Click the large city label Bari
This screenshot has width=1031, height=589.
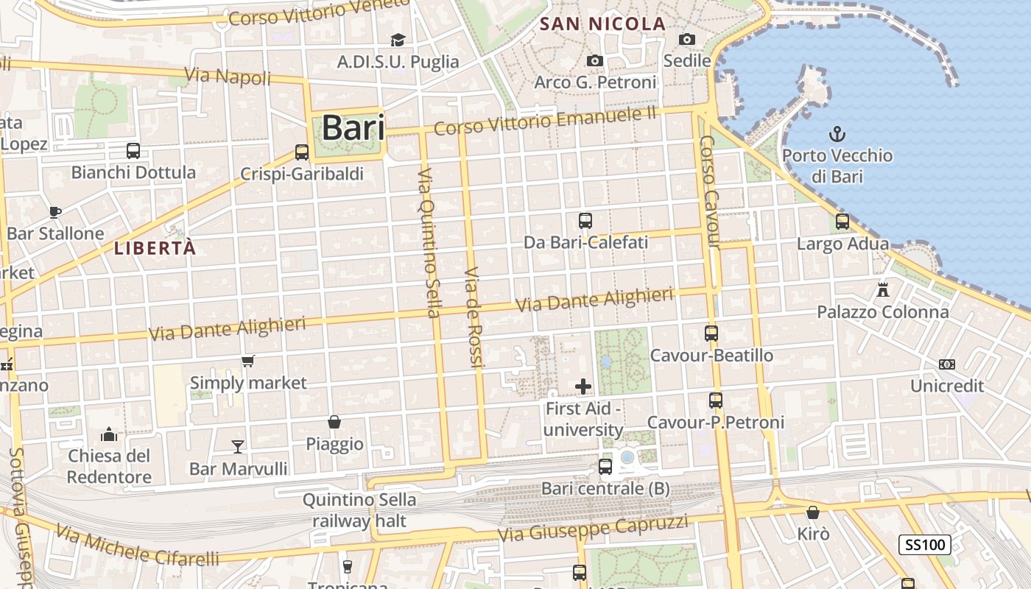pyautogui.click(x=353, y=128)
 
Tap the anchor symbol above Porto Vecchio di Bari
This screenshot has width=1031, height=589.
pyautogui.click(x=837, y=134)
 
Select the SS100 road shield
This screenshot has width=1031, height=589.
pyautogui.click(x=924, y=546)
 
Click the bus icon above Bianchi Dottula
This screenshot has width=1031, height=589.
pyautogui.click(x=133, y=151)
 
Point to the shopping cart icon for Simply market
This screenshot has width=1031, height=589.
pyautogui.click(x=248, y=361)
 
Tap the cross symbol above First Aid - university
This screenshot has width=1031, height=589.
pyautogui.click(x=583, y=387)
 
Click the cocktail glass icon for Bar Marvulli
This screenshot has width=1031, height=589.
pyautogui.click(x=238, y=446)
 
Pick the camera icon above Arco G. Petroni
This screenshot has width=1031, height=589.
pyautogui.click(x=595, y=60)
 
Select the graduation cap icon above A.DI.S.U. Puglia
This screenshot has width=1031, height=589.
pyautogui.click(x=398, y=40)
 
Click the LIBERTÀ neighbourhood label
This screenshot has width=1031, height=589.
pyautogui.click(x=155, y=248)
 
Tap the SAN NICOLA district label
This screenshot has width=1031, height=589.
pyautogui.click(x=602, y=24)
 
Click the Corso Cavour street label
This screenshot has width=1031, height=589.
pyautogui.click(x=708, y=191)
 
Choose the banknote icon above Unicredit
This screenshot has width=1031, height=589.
pyautogui.click(x=947, y=364)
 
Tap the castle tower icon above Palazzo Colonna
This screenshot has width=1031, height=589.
pyautogui.click(x=883, y=289)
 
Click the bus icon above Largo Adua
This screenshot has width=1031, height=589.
pyautogui.click(x=842, y=221)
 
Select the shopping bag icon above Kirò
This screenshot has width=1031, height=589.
pyautogui.click(x=813, y=512)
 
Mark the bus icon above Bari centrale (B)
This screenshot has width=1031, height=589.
pyautogui.click(x=605, y=466)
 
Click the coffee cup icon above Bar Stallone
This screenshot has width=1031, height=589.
pyautogui.click(x=55, y=212)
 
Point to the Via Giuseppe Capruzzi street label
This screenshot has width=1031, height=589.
pyautogui.click(x=594, y=529)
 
